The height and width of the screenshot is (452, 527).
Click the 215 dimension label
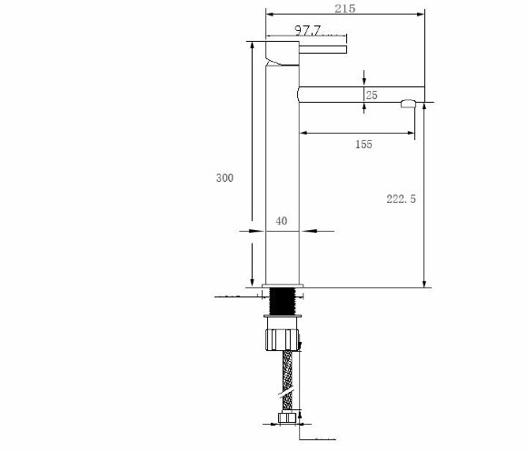(x=345, y=8)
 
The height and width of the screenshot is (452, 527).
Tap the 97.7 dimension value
(x=308, y=30)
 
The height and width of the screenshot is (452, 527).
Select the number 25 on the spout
(x=372, y=95)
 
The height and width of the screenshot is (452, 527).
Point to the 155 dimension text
(x=363, y=145)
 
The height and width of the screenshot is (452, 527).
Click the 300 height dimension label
(x=224, y=177)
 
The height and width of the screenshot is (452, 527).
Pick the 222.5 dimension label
(x=401, y=199)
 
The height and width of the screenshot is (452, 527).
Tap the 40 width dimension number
(x=282, y=221)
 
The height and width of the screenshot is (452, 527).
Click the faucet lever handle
(x=323, y=49)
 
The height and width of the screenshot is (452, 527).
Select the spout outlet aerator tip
(x=408, y=104)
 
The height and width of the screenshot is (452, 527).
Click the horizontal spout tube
(x=361, y=95)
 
